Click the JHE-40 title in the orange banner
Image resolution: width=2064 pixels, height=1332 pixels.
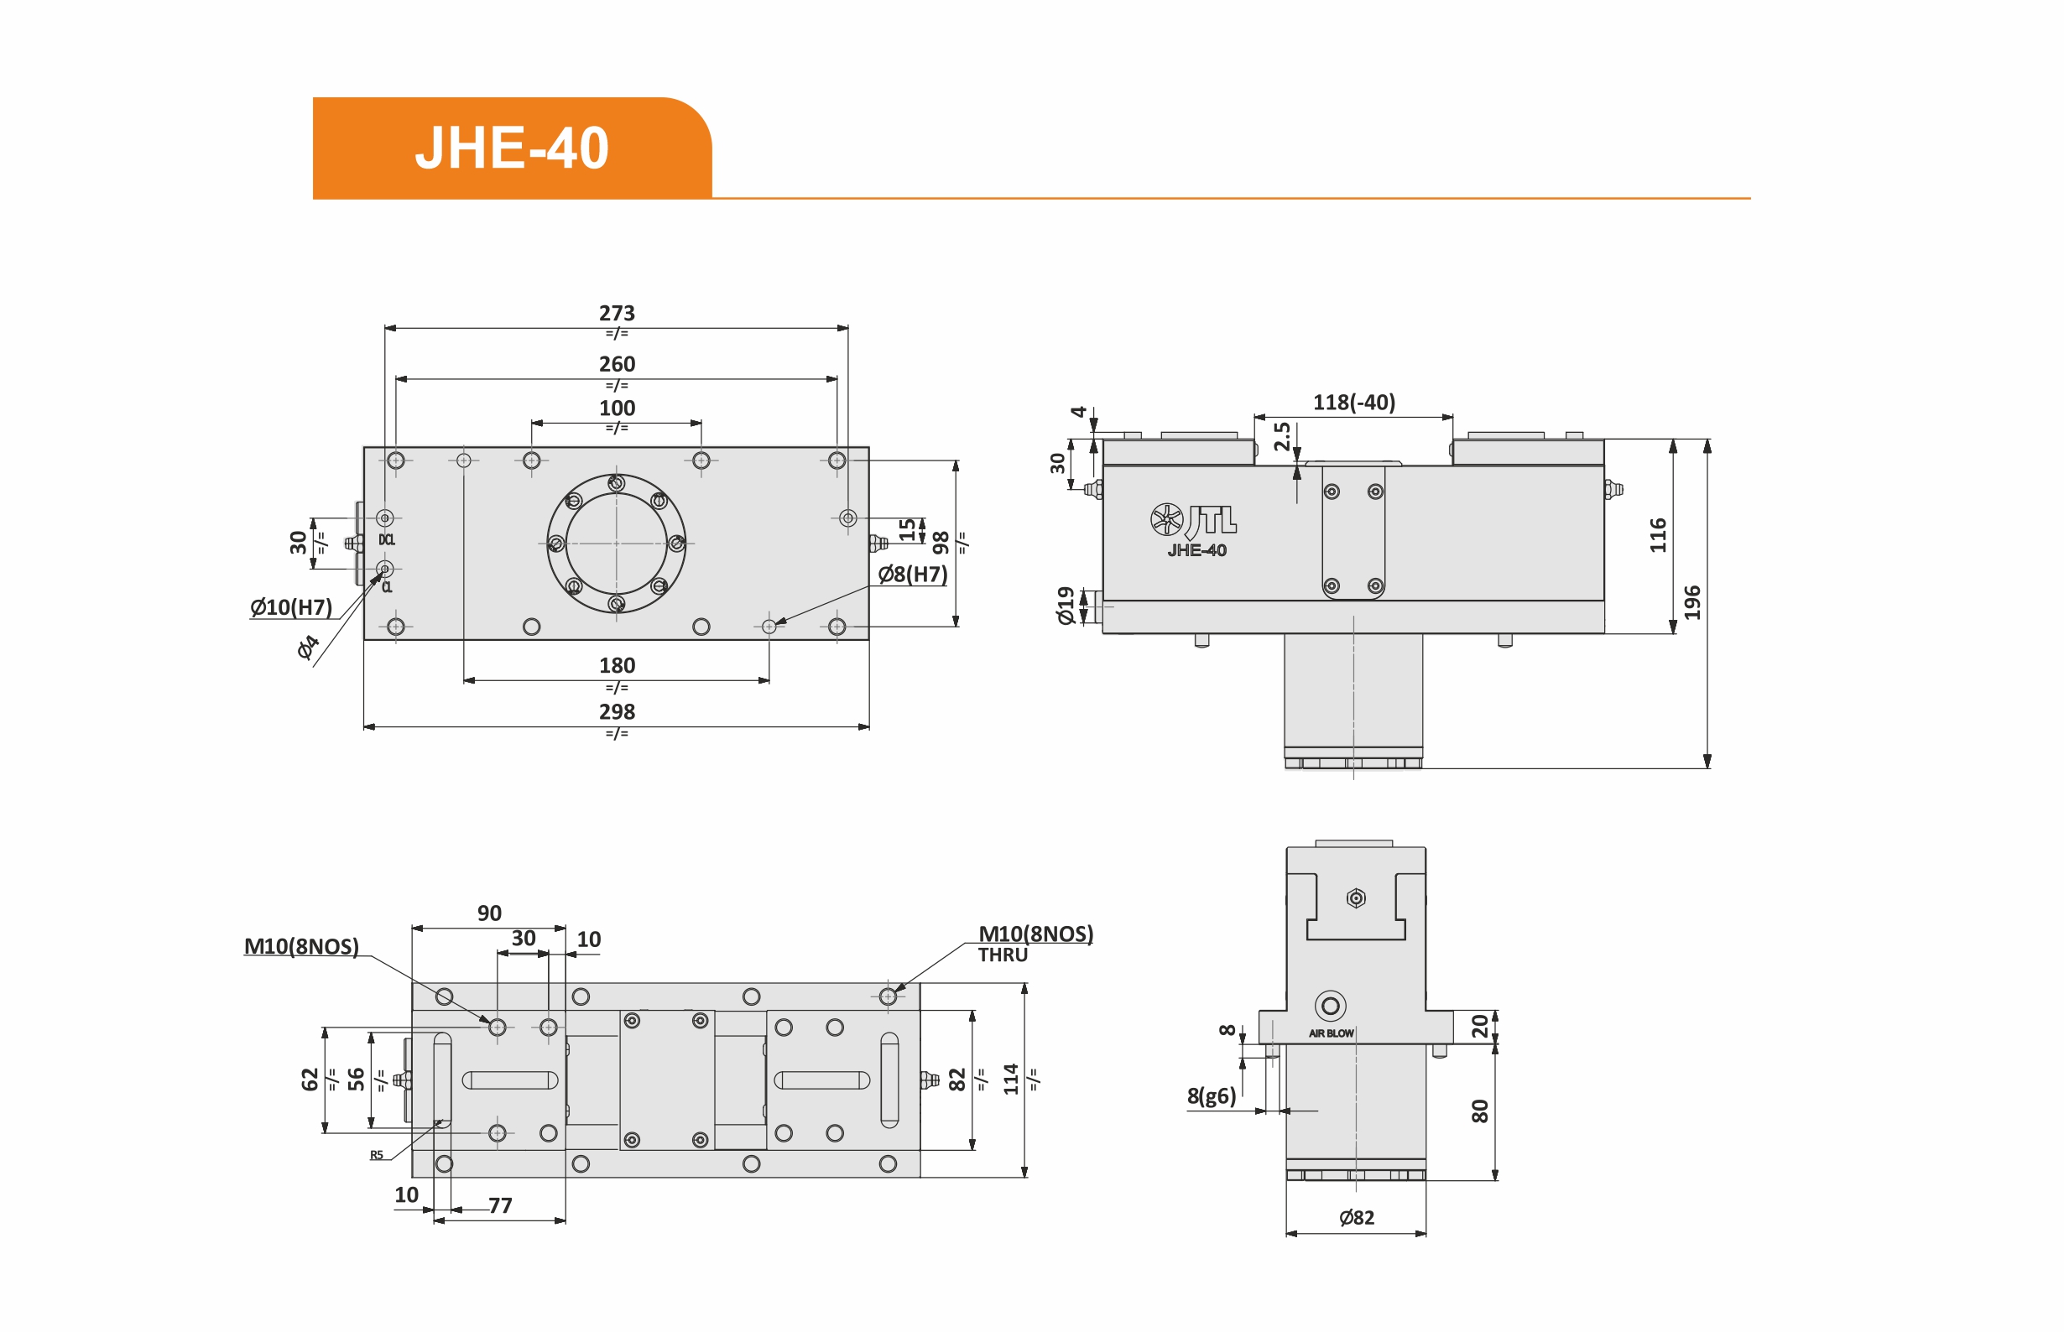[x=512, y=148]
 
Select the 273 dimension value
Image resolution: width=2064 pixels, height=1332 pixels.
[x=617, y=313]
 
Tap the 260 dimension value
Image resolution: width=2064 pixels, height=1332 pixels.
[x=617, y=364]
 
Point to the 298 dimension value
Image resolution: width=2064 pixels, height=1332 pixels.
[x=617, y=712]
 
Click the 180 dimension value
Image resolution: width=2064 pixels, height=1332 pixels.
[x=617, y=665]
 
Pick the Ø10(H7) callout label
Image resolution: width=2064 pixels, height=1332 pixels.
[x=291, y=607]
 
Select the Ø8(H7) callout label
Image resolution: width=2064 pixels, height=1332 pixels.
[x=913, y=575]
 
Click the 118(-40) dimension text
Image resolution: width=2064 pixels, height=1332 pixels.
[x=1354, y=402]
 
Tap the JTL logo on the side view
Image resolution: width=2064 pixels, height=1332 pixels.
[x=1194, y=520]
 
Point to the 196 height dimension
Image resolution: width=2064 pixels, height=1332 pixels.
[x=1692, y=603]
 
